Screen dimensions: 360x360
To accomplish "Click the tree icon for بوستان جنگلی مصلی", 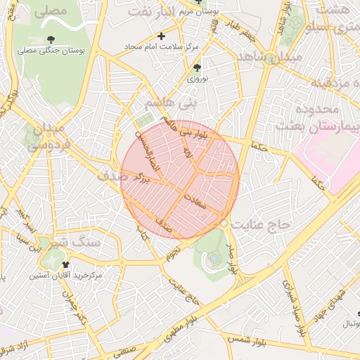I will point(51,40).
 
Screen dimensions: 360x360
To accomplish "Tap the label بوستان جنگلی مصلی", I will point(51,51).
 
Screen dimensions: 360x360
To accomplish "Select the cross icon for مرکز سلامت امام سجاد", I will point(162,35).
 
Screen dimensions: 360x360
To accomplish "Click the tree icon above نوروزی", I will point(197,68).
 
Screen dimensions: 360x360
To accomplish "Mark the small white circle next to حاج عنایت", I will point(224,223).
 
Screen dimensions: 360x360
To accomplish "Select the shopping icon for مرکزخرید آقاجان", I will point(66,265).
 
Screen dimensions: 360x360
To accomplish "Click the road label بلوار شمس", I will point(245,340).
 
